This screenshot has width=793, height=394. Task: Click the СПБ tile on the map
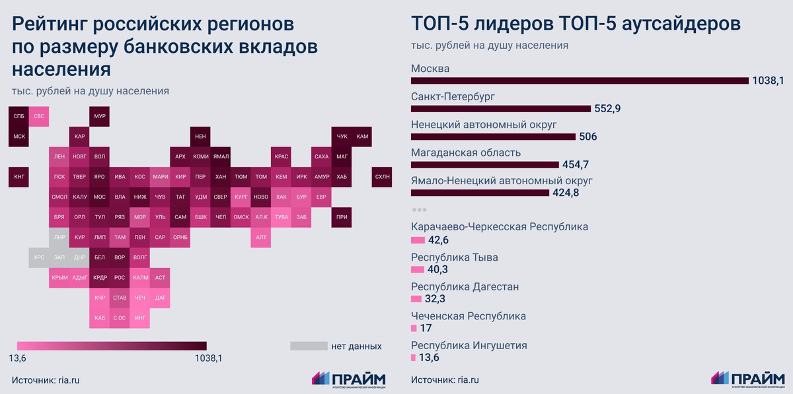click(19, 116)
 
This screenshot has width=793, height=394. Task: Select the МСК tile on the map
click(19, 137)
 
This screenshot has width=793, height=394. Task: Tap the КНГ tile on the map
click(19, 177)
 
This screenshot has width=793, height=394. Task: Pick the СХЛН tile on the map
click(382, 177)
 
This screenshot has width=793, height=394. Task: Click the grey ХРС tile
click(39, 257)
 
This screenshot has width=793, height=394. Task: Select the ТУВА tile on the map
click(281, 217)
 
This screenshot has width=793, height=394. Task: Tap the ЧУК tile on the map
click(342, 137)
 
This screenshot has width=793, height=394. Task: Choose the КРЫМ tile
click(59, 278)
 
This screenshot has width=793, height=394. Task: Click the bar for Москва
click(580, 81)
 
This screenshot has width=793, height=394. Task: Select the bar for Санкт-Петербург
click(500, 108)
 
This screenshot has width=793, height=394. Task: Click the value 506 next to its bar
click(588, 137)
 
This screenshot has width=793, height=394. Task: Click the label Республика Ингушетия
click(469, 345)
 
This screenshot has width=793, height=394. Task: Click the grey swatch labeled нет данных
click(309, 346)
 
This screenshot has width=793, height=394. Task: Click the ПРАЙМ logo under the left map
click(348, 379)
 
